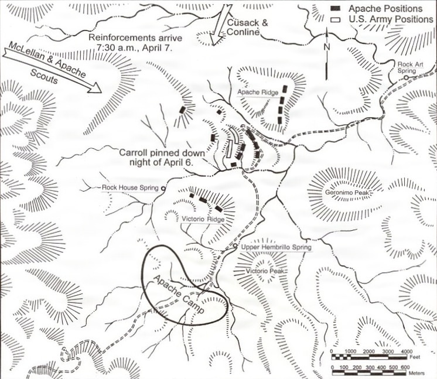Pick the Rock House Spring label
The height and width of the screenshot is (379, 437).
pos(131,188)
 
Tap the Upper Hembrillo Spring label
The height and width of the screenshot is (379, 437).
pos(275,248)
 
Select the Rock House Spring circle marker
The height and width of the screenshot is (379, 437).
pos(163,188)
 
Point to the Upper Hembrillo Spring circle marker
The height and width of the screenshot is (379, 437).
pos(234,247)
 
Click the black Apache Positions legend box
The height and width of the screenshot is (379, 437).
pos(336,9)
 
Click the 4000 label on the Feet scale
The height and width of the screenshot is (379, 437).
pos(406,350)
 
